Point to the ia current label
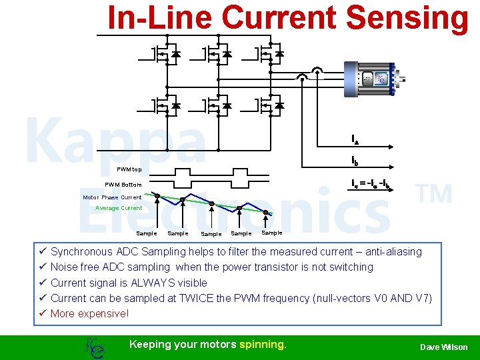[x=355, y=139]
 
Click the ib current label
[x=355, y=161]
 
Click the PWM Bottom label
[x=123, y=185]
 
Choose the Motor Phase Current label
[x=112, y=197]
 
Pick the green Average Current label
[x=119, y=208]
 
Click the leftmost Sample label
[x=146, y=233]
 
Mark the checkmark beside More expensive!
[x=41, y=313]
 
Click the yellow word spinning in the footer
[x=263, y=345]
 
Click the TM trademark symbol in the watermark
[x=433, y=195]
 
